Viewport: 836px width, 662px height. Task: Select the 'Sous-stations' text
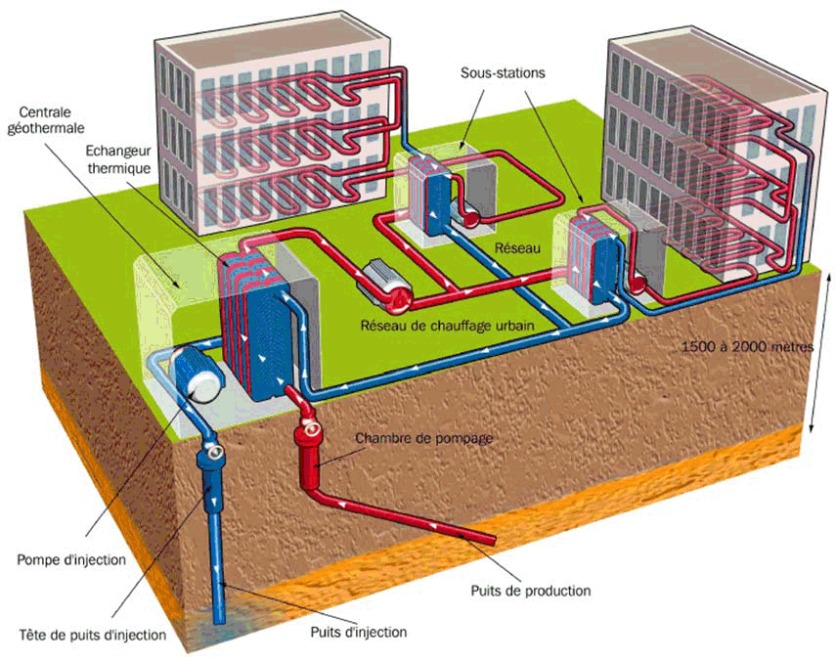tap(504, 73)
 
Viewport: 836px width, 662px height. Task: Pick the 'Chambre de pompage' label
tap(423, 438)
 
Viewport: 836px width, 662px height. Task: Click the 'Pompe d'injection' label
tap(71, 559)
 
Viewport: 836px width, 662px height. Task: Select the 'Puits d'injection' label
tap(359, 632)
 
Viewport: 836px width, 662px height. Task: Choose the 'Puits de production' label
tap(530, 591)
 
